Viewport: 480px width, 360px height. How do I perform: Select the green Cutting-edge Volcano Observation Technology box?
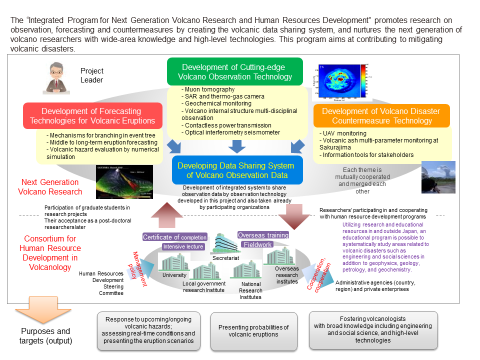tap(235, 72)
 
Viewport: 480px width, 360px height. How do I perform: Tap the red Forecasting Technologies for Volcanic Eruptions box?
tap(92, 115)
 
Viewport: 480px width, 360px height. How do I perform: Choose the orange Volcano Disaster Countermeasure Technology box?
tap(381, 115)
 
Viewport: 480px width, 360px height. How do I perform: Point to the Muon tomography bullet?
tap(203, 89)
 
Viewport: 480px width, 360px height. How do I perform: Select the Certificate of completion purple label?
tap(174, 237)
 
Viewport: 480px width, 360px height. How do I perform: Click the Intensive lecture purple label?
tap(183, 246)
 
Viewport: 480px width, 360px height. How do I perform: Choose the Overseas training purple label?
tap(263, 235)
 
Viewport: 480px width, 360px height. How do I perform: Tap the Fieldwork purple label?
tap(258, 244)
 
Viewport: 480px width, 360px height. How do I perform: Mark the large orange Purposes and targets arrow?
tap(44, 313)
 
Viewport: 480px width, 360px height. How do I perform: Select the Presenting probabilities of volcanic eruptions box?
tap(254, 331)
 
